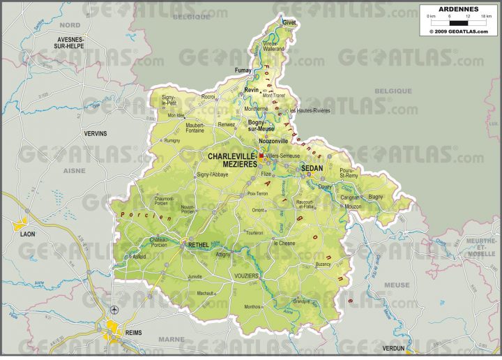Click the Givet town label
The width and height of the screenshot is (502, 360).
(x=289, y=22)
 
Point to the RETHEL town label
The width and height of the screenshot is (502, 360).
(x=199, y=245)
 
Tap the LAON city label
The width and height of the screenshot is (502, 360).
(x=27, y=234)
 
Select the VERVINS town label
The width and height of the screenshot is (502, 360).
(x=96, y=133)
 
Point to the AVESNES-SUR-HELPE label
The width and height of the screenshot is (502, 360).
(x=70, y=43)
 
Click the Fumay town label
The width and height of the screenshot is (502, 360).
(x=243, y=70)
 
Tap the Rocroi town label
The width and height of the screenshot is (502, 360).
(x=208, y=96)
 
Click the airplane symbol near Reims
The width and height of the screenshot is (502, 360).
(x=114, y=310)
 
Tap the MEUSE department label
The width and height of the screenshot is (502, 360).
(x=397, y=285)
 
